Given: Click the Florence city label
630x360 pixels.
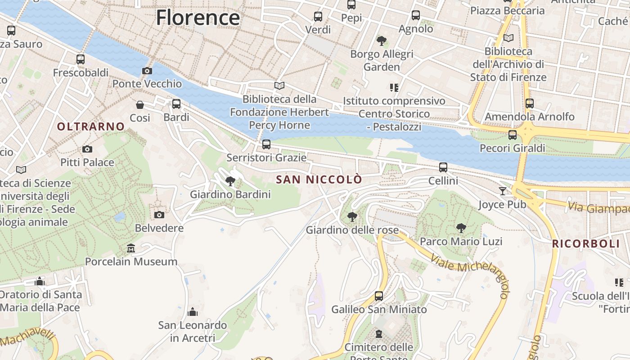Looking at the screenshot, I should tap(198, 18).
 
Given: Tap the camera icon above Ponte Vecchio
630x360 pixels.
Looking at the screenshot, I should tap(147, 71).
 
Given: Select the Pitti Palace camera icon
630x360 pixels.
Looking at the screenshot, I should tap(87, 149).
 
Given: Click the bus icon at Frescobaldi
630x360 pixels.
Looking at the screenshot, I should tap(81, 59).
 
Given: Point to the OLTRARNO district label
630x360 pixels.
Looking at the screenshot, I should tap(90, 127).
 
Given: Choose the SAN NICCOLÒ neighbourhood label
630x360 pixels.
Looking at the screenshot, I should tap(319, 180).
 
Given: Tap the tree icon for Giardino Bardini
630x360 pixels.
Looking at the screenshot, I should tap(230, 181).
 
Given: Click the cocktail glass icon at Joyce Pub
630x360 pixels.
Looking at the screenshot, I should tap(502, 191).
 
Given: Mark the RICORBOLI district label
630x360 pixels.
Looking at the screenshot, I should tap(586, 244).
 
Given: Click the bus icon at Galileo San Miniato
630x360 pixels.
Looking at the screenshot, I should tap(379, 296).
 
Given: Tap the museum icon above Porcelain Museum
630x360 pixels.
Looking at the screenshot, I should tap(131, 248).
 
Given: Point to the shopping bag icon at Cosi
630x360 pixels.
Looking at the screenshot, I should tap(140, 105).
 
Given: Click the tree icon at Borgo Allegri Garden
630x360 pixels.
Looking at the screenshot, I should tap(382, 41).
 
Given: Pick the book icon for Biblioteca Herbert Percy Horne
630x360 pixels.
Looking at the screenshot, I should tap(279, 85).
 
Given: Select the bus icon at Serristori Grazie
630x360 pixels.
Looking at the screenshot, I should tap(266, 144).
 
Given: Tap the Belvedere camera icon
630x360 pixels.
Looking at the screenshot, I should tap(159, 215).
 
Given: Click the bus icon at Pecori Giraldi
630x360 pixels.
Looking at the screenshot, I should tap(512, 135).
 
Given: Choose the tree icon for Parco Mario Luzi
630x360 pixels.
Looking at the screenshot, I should tap(461, 228).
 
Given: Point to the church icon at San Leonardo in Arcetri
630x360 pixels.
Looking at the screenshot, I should tap(193, 311).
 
